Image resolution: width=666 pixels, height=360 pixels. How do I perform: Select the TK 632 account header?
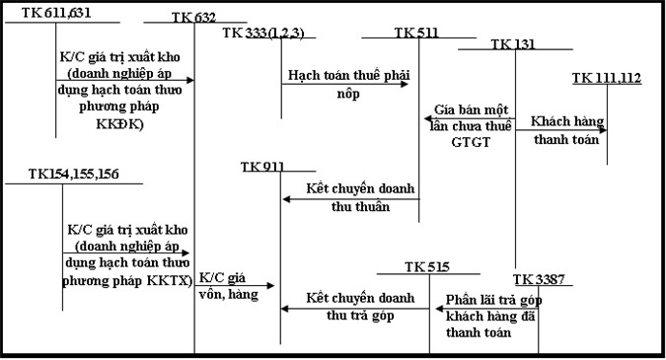pyautogui.click(x=194, y=17)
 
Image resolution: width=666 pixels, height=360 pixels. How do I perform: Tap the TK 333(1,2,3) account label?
pyautogui.click(x=263, y=33)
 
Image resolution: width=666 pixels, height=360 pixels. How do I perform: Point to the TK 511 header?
pyautogui.click(x=416, y=33)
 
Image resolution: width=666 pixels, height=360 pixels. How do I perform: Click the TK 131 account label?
pyautogui.click(x=514, y=44)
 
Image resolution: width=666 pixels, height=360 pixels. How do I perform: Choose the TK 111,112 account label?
pyautogui.click(x=607, y=78)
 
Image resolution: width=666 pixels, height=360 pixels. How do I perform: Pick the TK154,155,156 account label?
pyautogui.click(x=61, y=175)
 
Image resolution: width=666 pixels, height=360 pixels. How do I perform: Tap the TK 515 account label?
pyautogui.click(x=426, y=267)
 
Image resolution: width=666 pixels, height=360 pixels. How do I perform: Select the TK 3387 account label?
pyautogui.click(x=539, y=279)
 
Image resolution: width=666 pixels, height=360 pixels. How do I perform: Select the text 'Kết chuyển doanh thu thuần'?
pyautogui.click(x=346, y=196)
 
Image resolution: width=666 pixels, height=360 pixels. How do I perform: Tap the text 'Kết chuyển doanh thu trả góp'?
pyautogui.click(x=352, y=306)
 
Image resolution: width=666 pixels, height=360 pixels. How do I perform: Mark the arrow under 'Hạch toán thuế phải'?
pyautogui.click(x=345, y=84)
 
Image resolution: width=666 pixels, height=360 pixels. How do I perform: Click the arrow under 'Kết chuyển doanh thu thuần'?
pyautogui.click(x=350, y=199)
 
